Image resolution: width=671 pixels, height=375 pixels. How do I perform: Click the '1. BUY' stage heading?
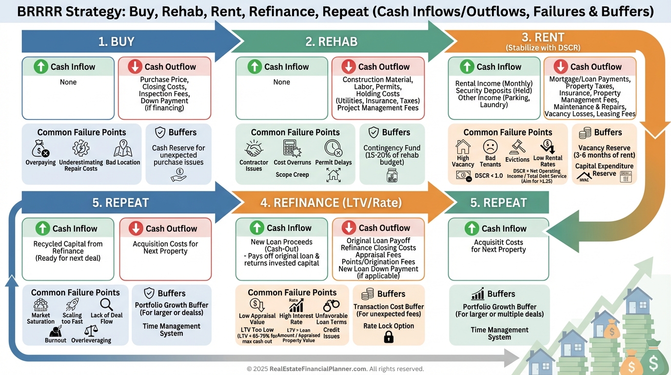pyautogui.click(x=116, y=42)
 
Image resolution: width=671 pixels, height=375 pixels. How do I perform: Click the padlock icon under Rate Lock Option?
pyautogui.click(x=389, y=336)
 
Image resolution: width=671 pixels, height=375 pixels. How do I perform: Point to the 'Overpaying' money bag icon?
pyautogui.click(x=39, y=148)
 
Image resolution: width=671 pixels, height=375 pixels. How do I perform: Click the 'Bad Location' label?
pyautogui.click(x=123, y=163)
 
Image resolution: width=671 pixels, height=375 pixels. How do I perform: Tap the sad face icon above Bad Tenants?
pyautogui.click(x=490, y=146)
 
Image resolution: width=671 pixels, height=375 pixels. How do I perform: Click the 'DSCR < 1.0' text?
pyautogui.click(x=489, y=176)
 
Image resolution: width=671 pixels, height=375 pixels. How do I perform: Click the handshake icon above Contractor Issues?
pyautogui.click(x=254, y=148)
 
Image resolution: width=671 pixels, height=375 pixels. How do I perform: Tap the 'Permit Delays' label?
pyautogui.click(x=334, y=163)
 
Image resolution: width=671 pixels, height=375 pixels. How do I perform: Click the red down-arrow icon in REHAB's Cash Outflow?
pyautogui.click(x=348, y=66)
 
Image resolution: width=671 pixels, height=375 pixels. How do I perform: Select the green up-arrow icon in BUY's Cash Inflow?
pyautogui.click(x=41, y=66)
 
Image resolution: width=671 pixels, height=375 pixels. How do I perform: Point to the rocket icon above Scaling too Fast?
pyautogui.click(x=72, y=305)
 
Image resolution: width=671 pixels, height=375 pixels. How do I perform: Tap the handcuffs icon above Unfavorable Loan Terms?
pyautogui.click(x=331, y=306)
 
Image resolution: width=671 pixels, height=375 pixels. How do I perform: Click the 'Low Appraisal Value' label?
pyautogui.click(x=257, y=319)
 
